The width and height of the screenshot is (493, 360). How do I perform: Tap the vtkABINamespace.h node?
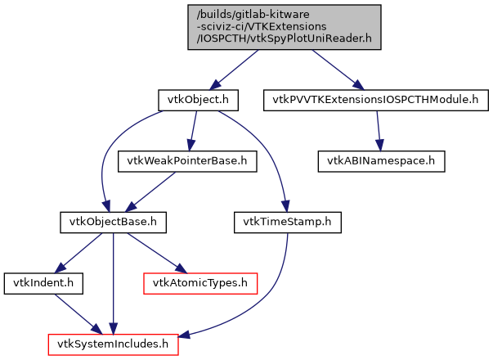click(382, 160)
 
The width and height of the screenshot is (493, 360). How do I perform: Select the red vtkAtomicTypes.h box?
click(200, 283)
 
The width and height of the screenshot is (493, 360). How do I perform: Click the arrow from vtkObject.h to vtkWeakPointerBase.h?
click(194, 130)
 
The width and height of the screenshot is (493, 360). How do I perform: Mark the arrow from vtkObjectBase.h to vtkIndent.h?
click(78, 252)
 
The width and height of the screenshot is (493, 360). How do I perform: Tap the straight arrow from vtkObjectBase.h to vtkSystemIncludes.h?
click(114, 283)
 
